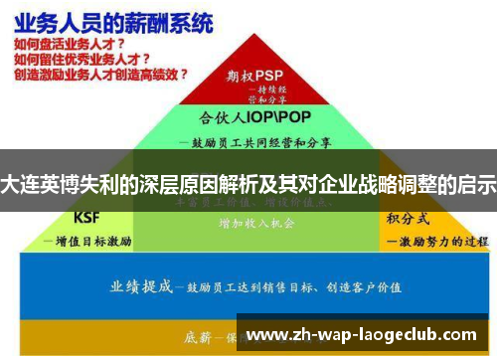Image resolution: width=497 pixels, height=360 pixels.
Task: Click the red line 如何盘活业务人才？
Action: pos(70,44)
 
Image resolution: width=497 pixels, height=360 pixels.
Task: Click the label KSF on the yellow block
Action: pos(88,218)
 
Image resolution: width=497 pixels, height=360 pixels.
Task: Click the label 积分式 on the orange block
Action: pos(407,217)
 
